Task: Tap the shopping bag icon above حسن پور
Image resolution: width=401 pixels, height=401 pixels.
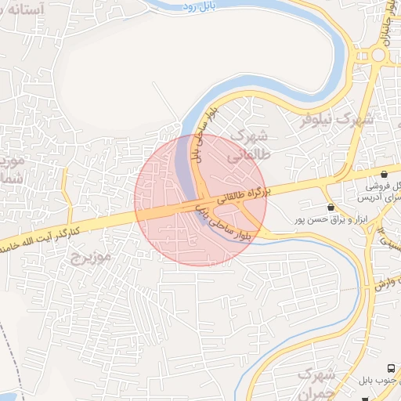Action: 331,208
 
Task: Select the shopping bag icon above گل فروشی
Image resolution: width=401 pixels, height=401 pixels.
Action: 384,174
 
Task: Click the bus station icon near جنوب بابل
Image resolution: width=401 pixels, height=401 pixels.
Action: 390,368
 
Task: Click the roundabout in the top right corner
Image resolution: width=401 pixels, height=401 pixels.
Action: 379,55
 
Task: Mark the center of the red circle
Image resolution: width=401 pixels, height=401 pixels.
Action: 200,200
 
